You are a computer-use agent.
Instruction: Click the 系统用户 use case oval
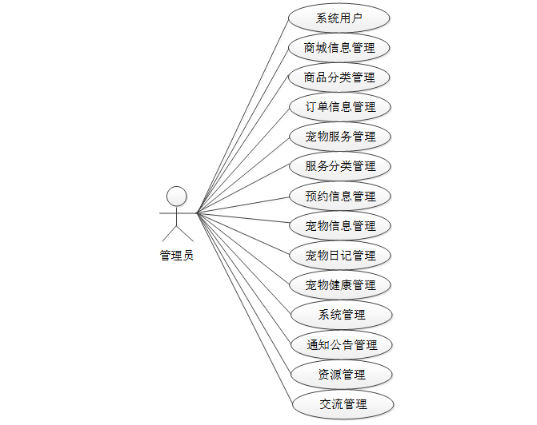coord(340,18)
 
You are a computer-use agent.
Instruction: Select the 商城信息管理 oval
coord(340,48)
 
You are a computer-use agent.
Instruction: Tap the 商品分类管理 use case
coord(340,77)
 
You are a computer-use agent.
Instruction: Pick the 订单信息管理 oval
coord(340,107)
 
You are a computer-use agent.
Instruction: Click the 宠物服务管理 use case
coord(340,137)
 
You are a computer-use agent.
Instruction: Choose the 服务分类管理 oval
coord(340,166)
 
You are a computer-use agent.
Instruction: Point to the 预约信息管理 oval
coord(340,196)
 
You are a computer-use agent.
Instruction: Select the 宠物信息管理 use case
coord(340,225)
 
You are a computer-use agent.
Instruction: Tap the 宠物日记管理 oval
coord(340,256)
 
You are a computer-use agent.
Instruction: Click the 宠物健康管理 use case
coord(340,285)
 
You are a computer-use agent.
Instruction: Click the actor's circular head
coord(176,196)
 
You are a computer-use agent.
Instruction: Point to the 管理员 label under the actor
coord(176,256)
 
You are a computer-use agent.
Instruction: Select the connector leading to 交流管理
coord(244,308)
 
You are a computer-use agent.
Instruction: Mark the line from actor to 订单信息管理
coord(244,160)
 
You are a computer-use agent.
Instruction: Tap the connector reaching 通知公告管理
coord(244,280)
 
